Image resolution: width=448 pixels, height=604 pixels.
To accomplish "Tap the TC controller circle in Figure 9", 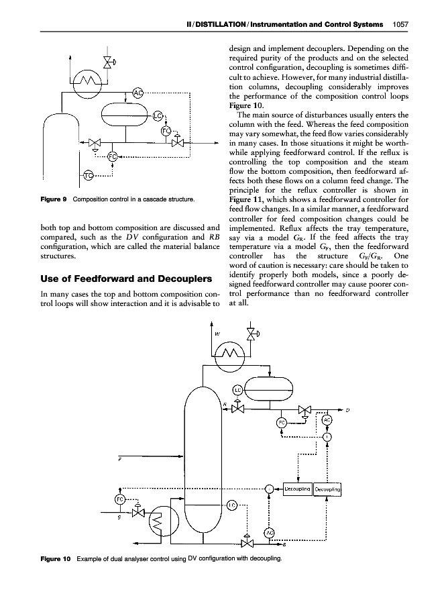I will click(x=89, y=177).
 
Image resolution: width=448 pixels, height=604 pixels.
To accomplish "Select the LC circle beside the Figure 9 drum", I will click(x=158, y=117).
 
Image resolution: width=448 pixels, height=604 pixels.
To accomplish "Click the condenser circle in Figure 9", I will click(x=87, y=83).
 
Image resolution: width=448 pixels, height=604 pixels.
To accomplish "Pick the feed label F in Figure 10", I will click(x=119, y=460).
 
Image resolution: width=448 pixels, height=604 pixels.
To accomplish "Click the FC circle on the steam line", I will click(x=119, y=500).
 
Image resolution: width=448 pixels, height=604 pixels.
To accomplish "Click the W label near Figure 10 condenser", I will click(x=218, y=334).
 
